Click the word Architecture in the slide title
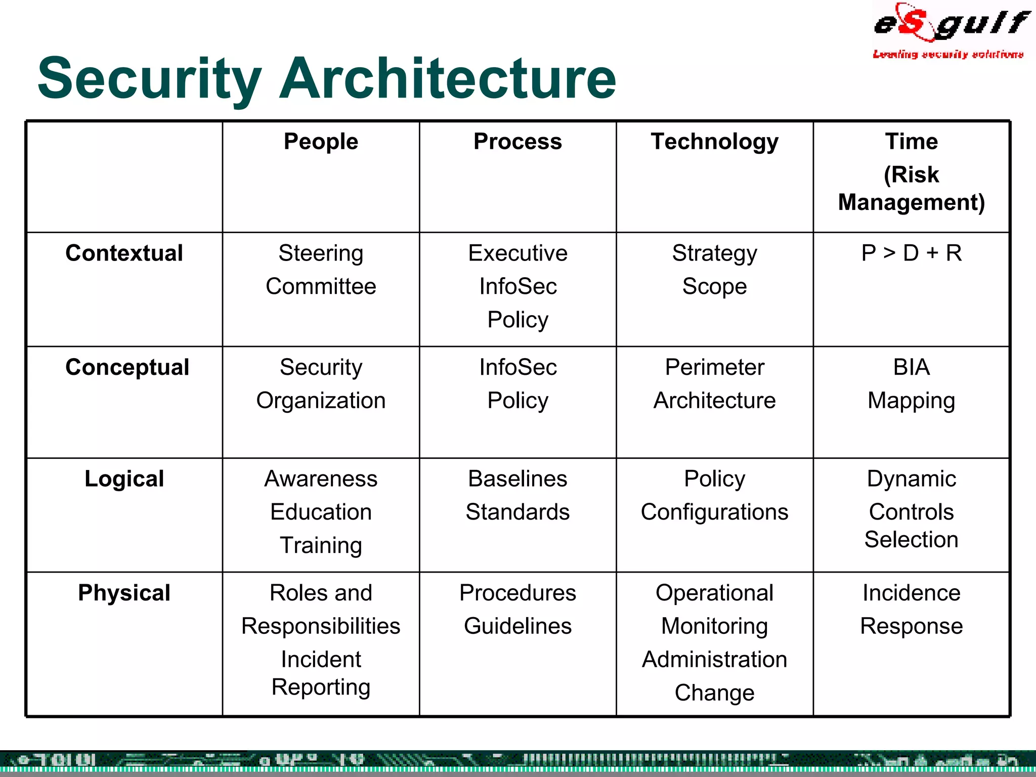[448, 78]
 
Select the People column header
[321, 142]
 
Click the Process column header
[517, 142]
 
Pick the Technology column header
[714, 142]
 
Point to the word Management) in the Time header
[911, 202]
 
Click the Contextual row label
[124, 253]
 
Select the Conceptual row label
[127, 367]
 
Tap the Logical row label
[124, 479]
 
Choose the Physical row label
[124, 593]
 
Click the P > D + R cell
[911, 253]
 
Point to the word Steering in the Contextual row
[321, 253]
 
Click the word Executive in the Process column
[517, 253]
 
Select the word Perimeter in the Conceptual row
[714, 367]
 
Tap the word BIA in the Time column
[911, 367]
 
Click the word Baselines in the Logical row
[517, 479]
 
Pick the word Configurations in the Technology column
[714, 512]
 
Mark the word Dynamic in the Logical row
[911, 479]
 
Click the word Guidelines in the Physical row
[517, 626]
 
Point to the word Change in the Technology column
[714, 693]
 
